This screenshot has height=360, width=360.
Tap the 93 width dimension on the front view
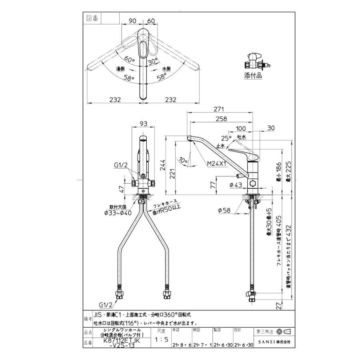(x=143, y=123)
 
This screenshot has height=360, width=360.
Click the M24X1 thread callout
(x=216, y=164)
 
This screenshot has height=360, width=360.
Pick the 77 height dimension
(x=212, y=184)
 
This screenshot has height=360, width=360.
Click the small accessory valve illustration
(x=254, y=61)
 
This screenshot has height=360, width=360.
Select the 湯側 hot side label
(x=121, y=69)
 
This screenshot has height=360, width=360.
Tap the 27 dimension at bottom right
(x=279, y=306)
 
